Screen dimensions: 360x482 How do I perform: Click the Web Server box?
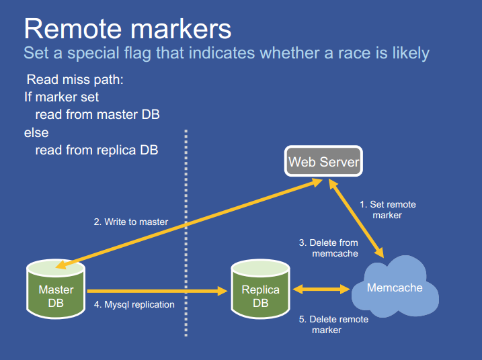pos(324,162)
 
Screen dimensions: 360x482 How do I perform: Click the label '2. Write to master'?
pos(130,222)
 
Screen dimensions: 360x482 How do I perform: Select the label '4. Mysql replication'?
pos(134,305)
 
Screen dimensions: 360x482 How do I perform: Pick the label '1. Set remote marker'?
pos(387,210)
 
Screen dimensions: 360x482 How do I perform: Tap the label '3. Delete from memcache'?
pos(329,248)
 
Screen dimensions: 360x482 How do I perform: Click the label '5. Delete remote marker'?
pos(333,324)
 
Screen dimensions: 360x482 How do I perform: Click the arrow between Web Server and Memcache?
pos(356,219)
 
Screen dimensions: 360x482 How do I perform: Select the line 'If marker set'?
pos(62,97)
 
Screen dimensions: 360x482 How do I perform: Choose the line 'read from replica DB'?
pos(97,150)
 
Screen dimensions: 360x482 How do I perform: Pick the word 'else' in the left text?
pos(36,132)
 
